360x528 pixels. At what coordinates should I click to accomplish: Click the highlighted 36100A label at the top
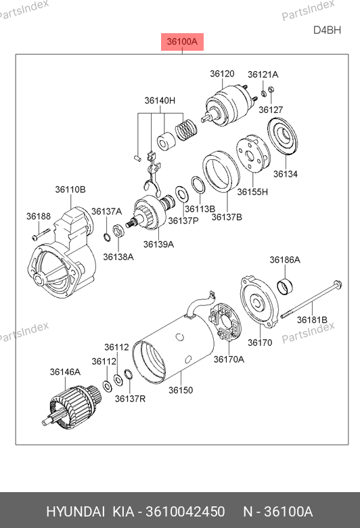pos(182,42)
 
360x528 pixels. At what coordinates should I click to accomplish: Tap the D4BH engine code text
pos(327,30)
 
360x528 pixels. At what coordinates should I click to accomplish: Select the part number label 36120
pos(222,74)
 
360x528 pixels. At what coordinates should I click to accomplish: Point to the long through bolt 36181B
pos(311,299)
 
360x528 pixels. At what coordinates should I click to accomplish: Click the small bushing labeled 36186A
pos(285,286)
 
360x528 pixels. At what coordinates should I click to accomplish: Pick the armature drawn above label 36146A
pos(72,407)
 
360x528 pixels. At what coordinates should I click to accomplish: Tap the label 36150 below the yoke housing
pos(181,391)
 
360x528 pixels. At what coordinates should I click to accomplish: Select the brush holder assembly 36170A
pos(225,322)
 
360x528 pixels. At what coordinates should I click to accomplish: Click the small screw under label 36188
pos(41,234)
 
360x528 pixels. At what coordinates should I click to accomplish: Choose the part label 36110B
pos(70,190)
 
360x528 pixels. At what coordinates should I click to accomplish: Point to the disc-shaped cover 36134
pos(283,137)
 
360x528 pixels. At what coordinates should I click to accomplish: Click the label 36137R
pos(130,399)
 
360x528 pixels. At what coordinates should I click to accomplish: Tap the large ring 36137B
pos(221,172)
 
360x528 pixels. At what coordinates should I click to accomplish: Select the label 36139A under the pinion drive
pos(158,244)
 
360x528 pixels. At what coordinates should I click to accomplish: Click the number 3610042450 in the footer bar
pos(185,512)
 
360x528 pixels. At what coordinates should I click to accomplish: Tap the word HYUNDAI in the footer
pos(75,512)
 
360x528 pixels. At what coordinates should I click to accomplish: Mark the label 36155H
pos(252,192)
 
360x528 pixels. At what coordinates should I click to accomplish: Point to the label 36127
pos(271,110)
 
